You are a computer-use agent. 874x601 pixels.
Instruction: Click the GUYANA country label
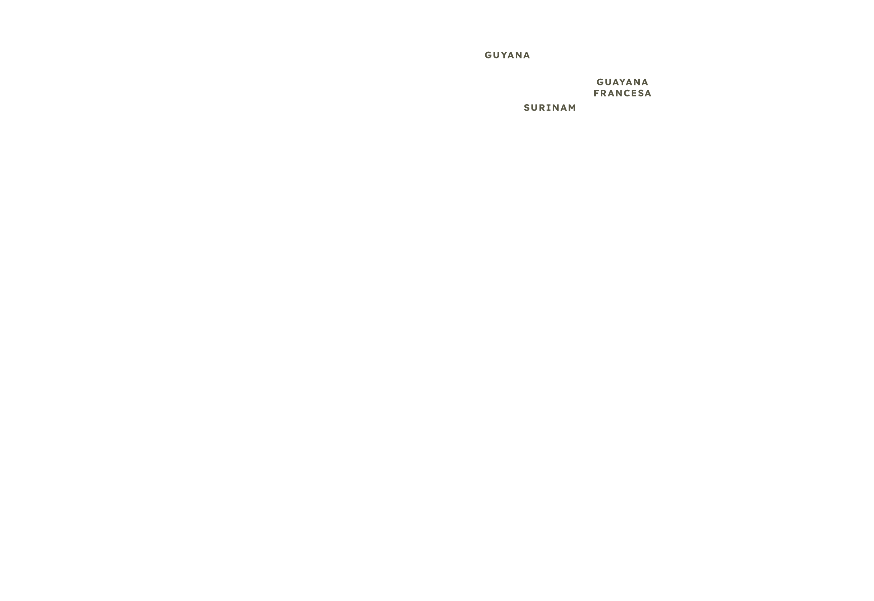pyautogui.click(x=507, y=55)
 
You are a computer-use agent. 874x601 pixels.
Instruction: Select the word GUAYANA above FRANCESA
pyautogui.click(x=623, y=82)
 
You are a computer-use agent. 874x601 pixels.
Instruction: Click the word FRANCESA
pyautogui.click(x=623, y=93)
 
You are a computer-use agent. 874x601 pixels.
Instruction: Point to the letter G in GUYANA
pyautogui.click(x=488, y=55)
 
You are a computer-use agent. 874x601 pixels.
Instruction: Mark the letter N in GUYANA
pyautogui.click(x=519, y=55)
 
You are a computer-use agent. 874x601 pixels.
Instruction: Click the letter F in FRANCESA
pyautogui.click(x=597, y=93)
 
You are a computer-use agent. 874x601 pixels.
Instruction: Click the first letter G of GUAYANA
pyautogui.click(x=600, y=82)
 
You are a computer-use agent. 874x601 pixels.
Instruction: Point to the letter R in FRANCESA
pyautogui.click(x=604, y=93)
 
